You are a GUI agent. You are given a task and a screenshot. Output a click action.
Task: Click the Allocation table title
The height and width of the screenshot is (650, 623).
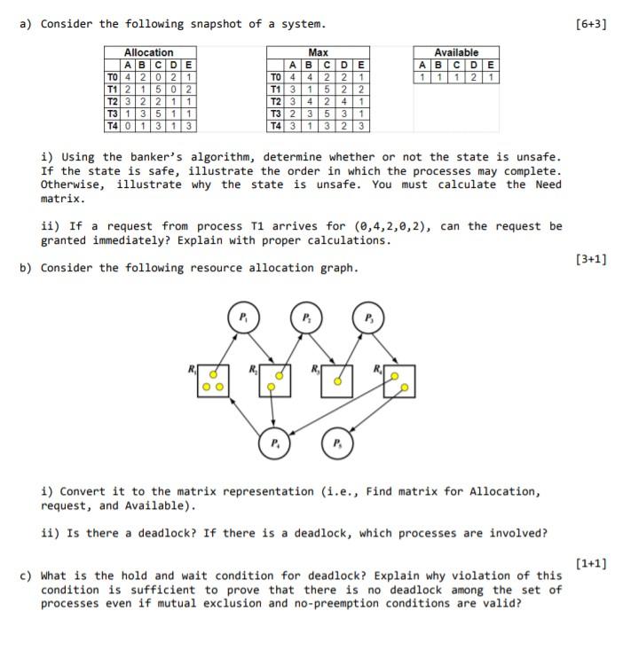tap(148, 53)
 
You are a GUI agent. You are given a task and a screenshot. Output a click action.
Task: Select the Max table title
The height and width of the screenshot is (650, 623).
tap(318, 53)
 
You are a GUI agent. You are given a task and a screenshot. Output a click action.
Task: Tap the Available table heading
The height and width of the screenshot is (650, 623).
tap(456, 53)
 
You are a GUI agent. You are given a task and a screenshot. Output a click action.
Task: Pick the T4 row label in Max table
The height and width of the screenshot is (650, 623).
tap(275, 124)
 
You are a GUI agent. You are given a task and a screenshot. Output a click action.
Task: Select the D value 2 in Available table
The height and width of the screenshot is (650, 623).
tap(477, 77)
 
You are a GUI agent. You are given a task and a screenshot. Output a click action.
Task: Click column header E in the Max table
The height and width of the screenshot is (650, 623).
tap(360, 65)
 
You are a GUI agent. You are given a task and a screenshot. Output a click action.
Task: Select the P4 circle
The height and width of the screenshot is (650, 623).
tap(273, 442)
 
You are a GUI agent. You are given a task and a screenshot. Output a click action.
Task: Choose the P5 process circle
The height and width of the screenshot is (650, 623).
tap(336, 442)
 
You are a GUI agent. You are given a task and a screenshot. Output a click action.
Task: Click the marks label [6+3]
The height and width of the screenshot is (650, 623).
tap(589, 24)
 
